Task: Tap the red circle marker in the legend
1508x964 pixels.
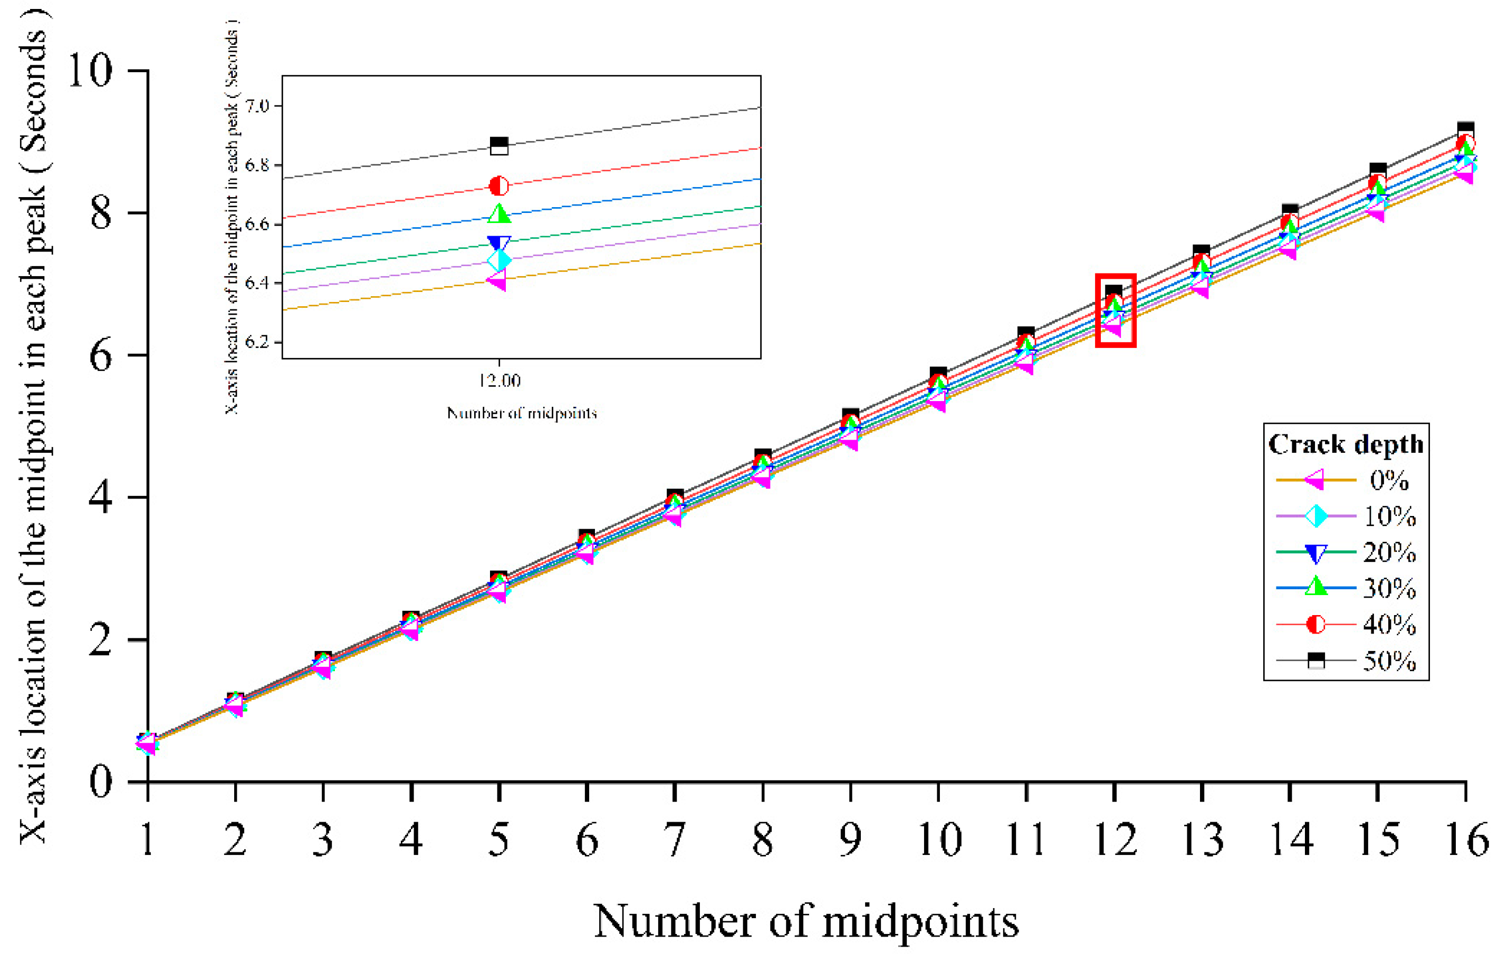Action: [x=1316, y=624]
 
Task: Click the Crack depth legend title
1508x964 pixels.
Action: [x=1346, y=444]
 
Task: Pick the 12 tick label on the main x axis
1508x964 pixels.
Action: [x=1115, y=840]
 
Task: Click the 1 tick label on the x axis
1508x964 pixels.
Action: [x=148, y=840]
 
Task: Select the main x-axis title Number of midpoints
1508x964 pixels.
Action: [x=806, y=921]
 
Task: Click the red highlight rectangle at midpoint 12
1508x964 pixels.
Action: [x=1116, y=310]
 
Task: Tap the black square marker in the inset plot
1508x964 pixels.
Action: [x=499, y=146]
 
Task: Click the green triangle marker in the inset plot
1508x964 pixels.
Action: [x=499, y=213]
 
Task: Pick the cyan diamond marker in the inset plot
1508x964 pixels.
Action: [x=499, y=260]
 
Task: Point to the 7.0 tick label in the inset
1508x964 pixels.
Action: [x=257, y=106]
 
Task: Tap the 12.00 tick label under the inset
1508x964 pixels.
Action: [x=499, y=380]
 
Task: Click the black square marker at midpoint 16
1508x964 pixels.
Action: [x=1465, y=130]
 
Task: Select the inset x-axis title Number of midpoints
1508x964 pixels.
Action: [x=521, y=413]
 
